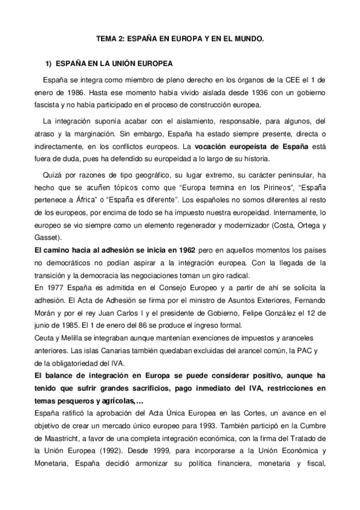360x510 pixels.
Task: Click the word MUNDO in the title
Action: click(246, 38)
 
